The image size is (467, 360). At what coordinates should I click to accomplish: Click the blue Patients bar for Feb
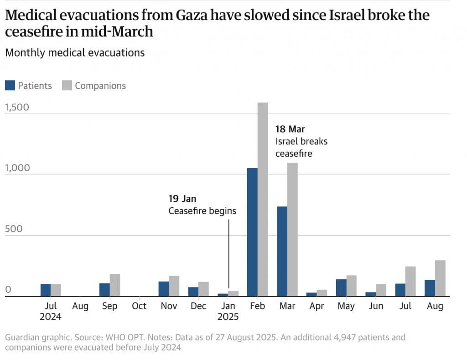click(x=252, y=232)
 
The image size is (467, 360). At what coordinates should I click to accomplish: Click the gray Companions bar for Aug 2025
click(x=440, y=278)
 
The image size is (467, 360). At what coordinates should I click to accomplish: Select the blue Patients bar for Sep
click(x=104, y=290)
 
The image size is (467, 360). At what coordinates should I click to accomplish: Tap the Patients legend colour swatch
click(x=10, y=86)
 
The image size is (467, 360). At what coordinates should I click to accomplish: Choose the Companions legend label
click(x=100, y=86)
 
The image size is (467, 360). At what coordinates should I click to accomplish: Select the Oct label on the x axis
click(x=139, y=306)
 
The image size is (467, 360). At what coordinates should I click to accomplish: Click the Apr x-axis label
click(x=317, y=306)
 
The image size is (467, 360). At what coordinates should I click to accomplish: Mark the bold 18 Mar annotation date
click(x=290, y=129)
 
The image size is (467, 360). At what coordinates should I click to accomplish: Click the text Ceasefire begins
click(x=202, y=211)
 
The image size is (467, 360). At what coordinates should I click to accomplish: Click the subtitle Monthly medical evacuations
click(x=75, y=53)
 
